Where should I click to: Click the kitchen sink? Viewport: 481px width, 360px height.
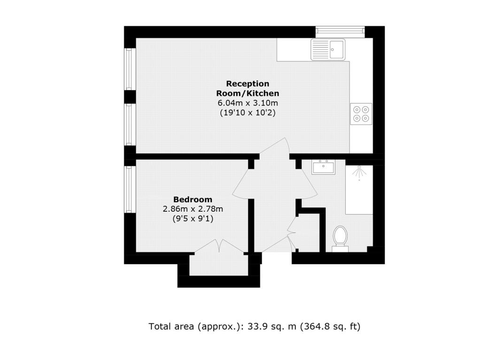(x=327, y=49)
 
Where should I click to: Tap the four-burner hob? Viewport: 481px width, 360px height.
(x=361, y=114)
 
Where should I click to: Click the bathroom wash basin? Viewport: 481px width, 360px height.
(x=323, y=167)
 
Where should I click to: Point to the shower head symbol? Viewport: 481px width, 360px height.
(x=360, y=172)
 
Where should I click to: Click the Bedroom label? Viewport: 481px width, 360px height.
(x=193, y=199)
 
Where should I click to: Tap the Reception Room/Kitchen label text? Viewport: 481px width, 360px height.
(x=248, y=88)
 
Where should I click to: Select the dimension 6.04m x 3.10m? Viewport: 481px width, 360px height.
(x=248, y=103)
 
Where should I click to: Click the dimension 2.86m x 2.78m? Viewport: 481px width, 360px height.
(x=193, y=209)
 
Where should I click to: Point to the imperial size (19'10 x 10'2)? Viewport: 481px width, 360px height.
(x=248, y=113)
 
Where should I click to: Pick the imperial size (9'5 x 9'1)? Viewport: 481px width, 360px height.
(x=193, y=218)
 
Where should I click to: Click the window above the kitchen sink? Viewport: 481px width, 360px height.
(x=341, y=31)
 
